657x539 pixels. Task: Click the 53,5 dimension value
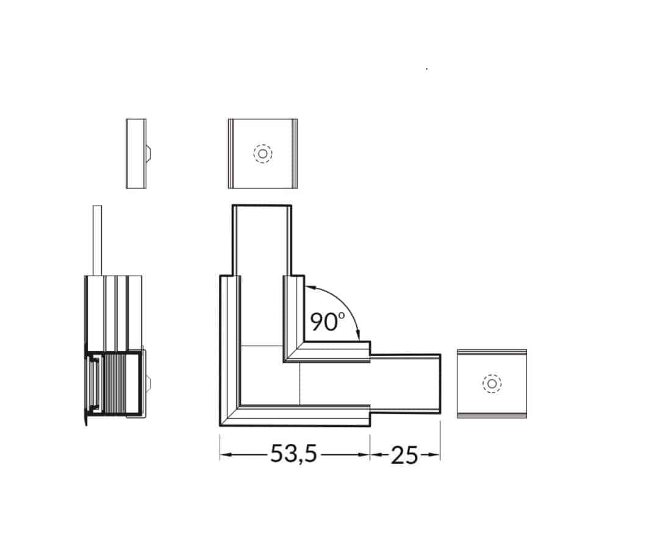pyautogui.click(x=293, y=454)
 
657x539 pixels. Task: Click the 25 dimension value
pyautogui.click(x=404, y=455)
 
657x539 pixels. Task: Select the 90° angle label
pyautogui.click(x=327, y=322)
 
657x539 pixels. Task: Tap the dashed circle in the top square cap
pyautogui.click(x=263, y=154)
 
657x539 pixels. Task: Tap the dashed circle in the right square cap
pyautogui.click(x=492, y=384)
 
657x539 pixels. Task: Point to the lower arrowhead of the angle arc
pyautogui.click(x=357, y=335)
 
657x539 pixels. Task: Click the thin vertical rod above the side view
pyautogui.click(x=97, y=240)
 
